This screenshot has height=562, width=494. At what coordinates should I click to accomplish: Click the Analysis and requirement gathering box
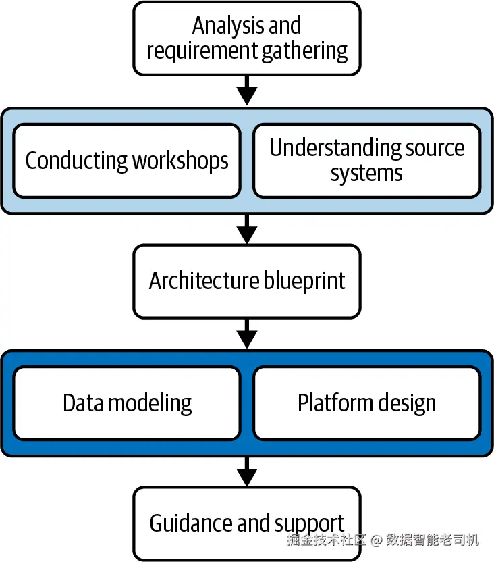click(x=247, y=38)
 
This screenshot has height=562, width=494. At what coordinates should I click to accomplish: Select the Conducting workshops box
click(x=127, y=161)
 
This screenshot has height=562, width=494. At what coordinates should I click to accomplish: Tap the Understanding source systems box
click(x=366, y=161)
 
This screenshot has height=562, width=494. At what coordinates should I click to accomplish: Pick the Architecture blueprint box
click(x=247, y=281)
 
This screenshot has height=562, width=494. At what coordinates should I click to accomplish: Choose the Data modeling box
click(x=127, y=403)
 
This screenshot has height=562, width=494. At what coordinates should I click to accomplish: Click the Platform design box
click(x=366, y=403)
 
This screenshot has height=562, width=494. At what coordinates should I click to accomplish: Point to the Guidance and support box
click(x=247, y=523)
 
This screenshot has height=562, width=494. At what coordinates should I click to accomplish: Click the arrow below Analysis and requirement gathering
click(x=247, y=91)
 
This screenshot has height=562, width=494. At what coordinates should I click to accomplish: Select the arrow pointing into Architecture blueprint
click(x=247, y=230)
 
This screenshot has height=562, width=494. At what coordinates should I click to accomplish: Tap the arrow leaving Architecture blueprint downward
click(x=247, y=334)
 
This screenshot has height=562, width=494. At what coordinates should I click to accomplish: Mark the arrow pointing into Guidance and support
click(x=247, y=471)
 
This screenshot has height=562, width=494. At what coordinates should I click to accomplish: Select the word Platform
click(x=331, y=403)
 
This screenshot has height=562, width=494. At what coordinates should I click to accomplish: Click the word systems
click(x=366, y=174)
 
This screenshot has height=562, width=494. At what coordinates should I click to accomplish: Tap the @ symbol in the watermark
click(x=376, y=540)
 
